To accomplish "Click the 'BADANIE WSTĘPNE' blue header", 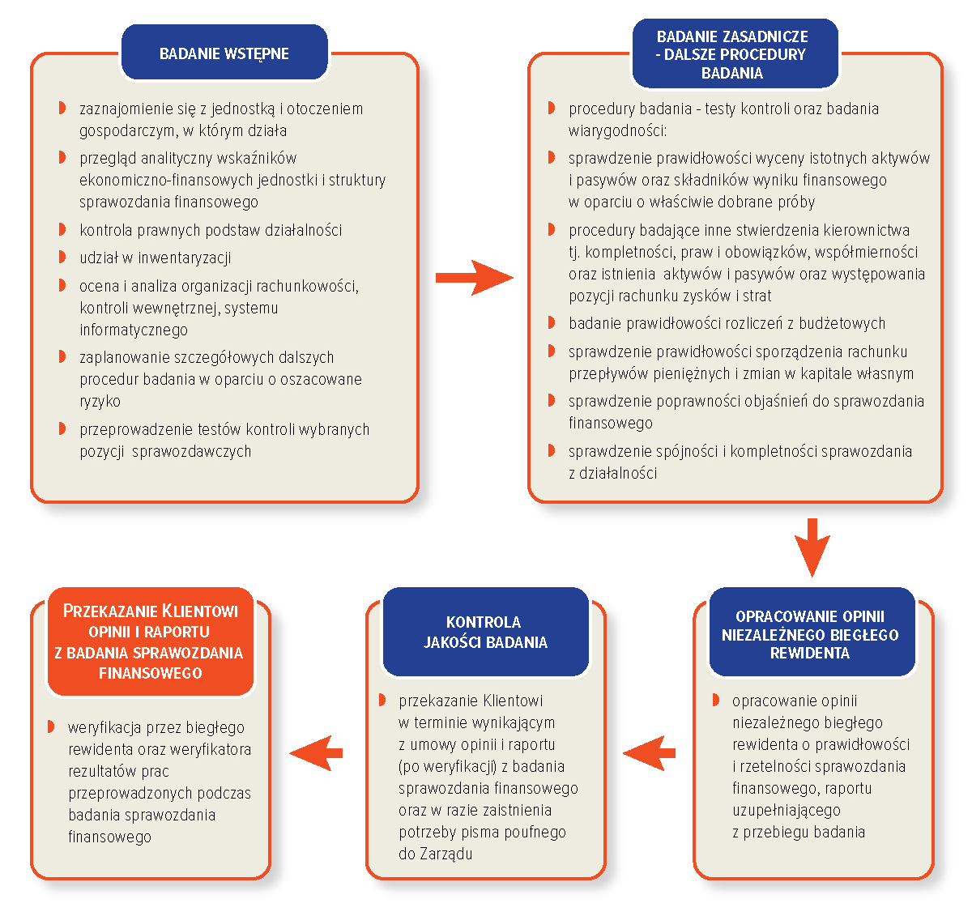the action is [x=224, y=52].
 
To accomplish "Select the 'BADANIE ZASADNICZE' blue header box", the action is [x=735, y=53].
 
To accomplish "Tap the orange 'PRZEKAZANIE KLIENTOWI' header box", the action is [x=151, y=641].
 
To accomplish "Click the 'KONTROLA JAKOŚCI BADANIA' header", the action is [x=485, y=632].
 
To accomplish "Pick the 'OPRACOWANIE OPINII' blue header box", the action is [x=812, y=632].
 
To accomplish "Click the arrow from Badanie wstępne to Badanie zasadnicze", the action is [x=474, y=278].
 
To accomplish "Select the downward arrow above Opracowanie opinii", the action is [x=812, y=547].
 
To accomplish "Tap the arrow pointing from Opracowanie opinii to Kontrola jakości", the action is [x=649, y=753].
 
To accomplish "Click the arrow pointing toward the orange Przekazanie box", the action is [x=316, y=753].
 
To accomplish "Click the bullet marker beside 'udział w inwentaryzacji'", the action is [x=62, y=257].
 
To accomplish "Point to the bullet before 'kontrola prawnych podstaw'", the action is [x=62, y=229].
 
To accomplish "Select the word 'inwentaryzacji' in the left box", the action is [x=185, y=258].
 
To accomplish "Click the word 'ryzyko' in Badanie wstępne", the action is [x=100, y=402].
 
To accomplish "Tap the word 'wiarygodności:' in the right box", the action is [x=618, y=131].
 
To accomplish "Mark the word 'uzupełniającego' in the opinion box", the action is [x=787, y=811].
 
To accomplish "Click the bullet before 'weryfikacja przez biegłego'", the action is [x=50, y=726].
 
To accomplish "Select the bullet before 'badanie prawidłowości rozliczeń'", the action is [x=551, y=322].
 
